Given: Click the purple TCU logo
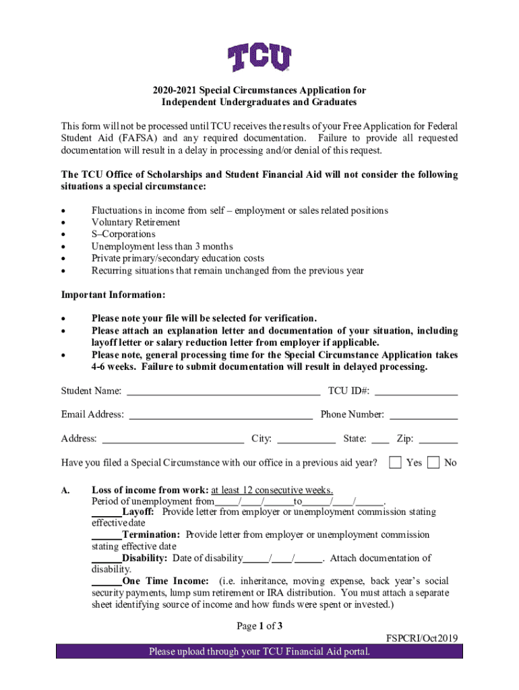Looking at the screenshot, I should pos(259,58).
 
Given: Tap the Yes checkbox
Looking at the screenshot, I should pos(396,462).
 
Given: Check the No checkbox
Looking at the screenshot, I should pos(433,462).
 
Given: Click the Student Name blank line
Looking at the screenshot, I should pos(223,391).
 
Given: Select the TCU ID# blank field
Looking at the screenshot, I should pos(416,391).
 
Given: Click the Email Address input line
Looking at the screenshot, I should pos(220,415).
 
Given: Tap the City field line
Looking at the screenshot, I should pos(306,439).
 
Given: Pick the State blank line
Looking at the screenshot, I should pos(380,439).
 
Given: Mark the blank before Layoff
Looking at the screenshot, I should pos(106,513).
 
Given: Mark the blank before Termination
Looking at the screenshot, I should pos(106,536).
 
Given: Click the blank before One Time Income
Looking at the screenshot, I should pos(106,582).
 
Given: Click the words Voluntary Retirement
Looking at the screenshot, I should pos(135,222).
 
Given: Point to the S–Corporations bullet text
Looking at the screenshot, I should pos(123,234).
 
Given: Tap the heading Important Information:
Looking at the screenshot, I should pos(113,295).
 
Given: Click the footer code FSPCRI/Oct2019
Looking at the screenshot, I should pos(421,638).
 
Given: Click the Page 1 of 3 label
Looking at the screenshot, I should pos(259,627).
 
